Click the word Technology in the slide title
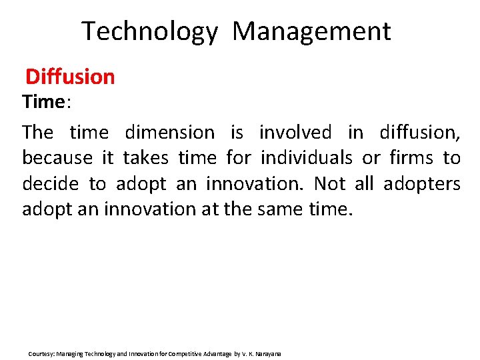[149, 31]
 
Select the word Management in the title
[311, 31]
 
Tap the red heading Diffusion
[70, 77]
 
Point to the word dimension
[171, 133]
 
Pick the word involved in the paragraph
[295, 133]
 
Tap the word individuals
[306, 158]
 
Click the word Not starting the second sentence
[329, 183]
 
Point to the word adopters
[421, 183]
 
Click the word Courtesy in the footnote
[38, 353]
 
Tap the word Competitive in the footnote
[175, 353]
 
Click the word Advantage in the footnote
[210, 353]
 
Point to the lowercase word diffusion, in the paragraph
[419, 133]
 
